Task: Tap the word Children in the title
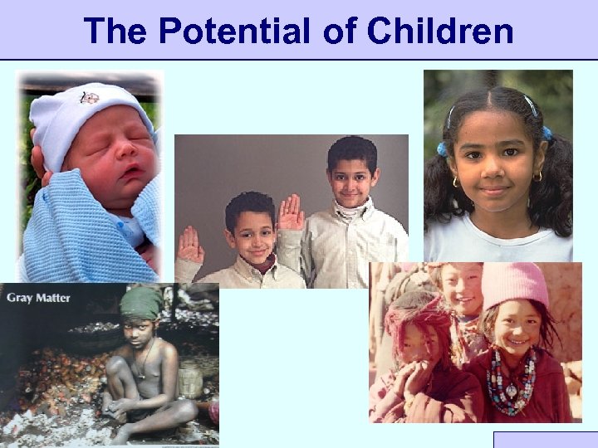coord(439,31)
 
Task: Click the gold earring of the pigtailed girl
coord(538,176)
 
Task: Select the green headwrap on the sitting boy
coord(141,302)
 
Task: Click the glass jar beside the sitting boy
coord(190,379)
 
